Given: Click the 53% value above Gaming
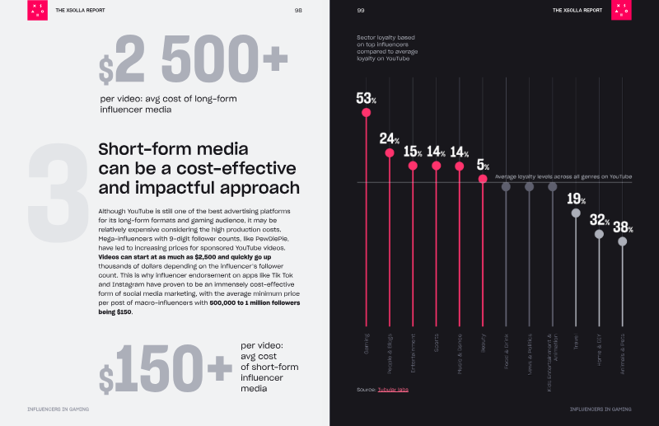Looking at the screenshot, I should pyautogui.click(x=366, y=98).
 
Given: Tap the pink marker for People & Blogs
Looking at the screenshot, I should pyautogui.click(x=390, y=153).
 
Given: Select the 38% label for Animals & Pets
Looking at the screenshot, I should pyautogui.click(x=623, y=227).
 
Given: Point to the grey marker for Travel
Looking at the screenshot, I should pyautogui.click(x=576, y=213).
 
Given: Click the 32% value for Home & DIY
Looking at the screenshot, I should pyautogui.click(x=599, y=220).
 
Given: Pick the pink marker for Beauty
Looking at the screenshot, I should pyautogui.click(x=483, y=179).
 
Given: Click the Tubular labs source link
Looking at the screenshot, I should pyautogui.click(x=393, y=389).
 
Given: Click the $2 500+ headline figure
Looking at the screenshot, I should pyautogui.click(x=194, y=61).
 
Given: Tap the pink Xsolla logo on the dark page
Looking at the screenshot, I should pyautogui.click(x=622, y=11).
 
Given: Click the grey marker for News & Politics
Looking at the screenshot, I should pyautogui.click(x=529, y=187).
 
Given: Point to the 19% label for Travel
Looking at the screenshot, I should pyautogui.click(x=576, y=199).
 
